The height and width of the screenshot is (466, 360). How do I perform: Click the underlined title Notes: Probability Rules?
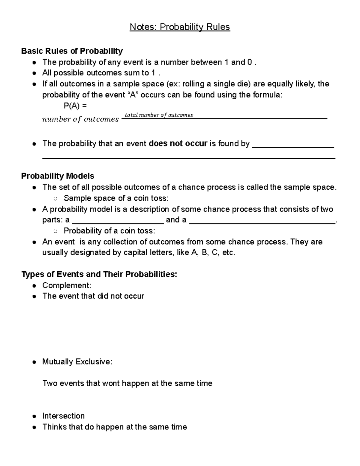coord(180,27)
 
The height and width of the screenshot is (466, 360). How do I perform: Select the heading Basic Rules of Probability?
coord(72,51)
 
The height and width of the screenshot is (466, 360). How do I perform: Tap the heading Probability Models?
coord(58,176)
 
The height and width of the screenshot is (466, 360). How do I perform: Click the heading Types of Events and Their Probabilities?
coord(99,274)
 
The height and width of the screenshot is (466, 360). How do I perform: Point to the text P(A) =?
coord(75,106)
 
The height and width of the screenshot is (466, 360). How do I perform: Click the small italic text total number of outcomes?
coord(159,115)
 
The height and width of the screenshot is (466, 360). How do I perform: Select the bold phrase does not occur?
coord(178,143)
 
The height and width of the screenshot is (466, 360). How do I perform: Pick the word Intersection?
coord(63,416)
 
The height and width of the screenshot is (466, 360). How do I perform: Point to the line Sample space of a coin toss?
coord(116,198)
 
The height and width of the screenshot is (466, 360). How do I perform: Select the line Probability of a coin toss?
coord(109,230)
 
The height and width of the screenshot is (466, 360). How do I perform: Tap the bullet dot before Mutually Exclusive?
coord(35,362)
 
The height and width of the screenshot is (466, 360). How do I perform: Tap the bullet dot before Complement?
coord(35,285)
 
